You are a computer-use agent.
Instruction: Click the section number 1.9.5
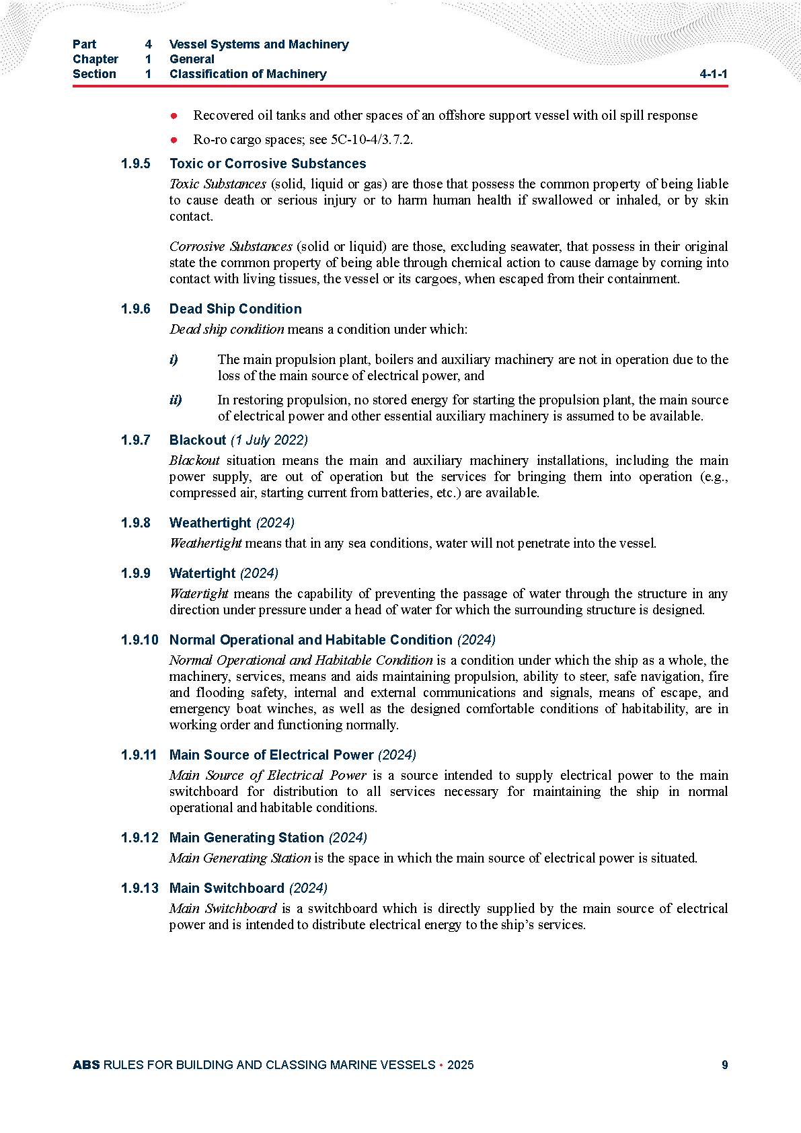(135, 163)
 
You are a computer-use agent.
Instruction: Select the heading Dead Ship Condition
(235, 309)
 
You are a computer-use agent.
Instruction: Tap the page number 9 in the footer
(724, 1064)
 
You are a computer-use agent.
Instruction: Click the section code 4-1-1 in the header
(713, 74)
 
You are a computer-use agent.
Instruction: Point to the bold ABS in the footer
(86, 1064)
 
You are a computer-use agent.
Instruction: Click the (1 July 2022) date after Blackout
(269, 440)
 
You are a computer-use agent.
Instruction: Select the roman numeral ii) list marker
(176, 400)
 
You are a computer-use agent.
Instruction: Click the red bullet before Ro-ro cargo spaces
(174, 140)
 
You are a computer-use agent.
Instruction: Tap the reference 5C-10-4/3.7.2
(371, 139)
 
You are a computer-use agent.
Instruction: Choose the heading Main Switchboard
(227, 888)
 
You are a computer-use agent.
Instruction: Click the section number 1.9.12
(139, 838)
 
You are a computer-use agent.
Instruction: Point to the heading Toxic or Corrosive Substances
(268, 163)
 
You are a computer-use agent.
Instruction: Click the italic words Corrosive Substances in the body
(231, 246)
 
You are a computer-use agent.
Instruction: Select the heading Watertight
(202, 573)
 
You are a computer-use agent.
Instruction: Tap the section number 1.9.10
(139, 640)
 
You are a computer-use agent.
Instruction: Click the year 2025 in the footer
(460, 1064)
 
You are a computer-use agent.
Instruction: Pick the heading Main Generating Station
(247, 838)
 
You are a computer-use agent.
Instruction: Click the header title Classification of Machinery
(247, 74)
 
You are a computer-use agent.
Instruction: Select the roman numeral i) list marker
(174, 359)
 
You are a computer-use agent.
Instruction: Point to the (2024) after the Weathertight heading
(275, 523)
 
